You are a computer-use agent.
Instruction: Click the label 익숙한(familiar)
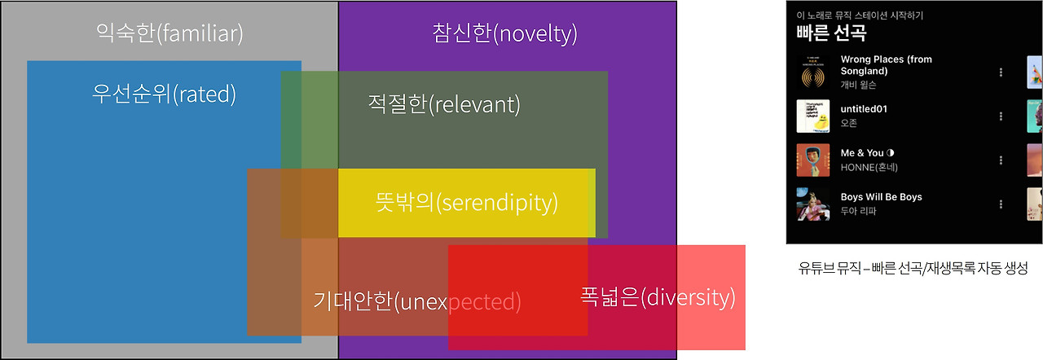[169, 34]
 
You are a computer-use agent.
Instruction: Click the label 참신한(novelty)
[505, 34]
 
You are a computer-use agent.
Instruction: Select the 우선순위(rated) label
[164, 94]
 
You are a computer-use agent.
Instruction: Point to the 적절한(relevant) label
[444, 104]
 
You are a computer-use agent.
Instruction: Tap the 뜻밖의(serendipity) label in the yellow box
[466, 203]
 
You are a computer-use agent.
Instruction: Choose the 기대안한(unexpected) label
[417, 302]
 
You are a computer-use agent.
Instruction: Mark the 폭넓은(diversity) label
[658, 297]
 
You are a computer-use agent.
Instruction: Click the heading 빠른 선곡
[831, 34]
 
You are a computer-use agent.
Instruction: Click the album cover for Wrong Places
[812, 72]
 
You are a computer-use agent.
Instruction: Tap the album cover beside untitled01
[812, 116]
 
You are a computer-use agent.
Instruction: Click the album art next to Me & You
[812, 160]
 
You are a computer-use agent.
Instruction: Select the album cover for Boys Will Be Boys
[812, 204]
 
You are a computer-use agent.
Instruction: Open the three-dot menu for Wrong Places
[1001, 72]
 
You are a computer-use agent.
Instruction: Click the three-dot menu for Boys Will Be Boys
[1001, 204]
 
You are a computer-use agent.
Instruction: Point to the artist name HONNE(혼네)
[870, 167]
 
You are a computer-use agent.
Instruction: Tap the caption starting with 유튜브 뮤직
[913, 268]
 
